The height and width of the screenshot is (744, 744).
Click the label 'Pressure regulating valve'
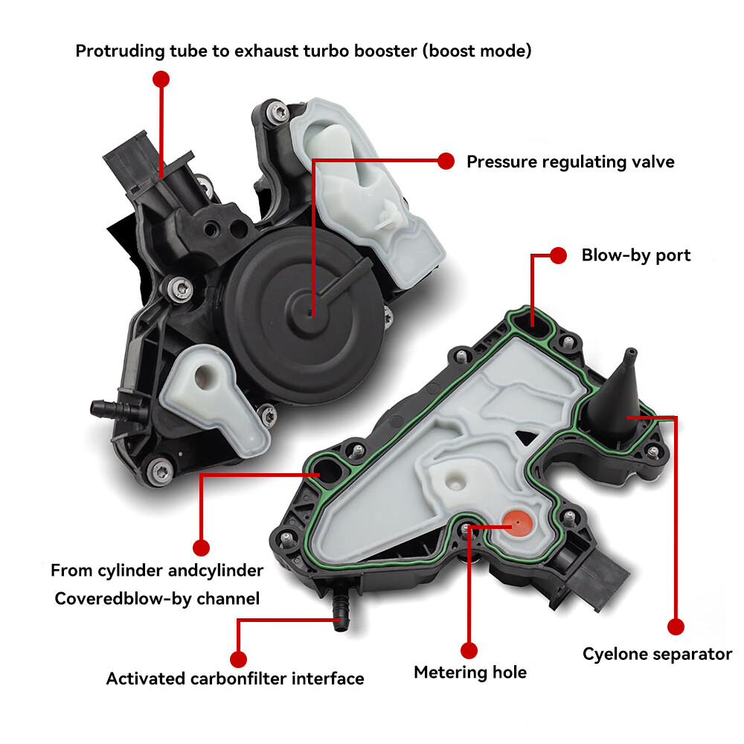[570, 161]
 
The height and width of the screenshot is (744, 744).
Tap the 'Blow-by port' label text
[635, 255]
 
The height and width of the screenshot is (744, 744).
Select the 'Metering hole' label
[470, 673]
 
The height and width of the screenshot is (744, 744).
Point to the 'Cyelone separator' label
[657, 654]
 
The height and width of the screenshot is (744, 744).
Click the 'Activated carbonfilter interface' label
[235, 679]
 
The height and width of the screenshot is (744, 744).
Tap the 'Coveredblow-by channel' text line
[157, 598]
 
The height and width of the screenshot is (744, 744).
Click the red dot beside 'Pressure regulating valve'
[446, 161]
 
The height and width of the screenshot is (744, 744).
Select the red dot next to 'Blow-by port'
[559, 255]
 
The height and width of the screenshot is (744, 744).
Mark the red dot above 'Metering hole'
[468, 649]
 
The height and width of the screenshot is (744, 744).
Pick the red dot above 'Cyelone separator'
[675, 627]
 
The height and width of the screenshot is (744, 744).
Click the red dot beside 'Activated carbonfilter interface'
[238, 658]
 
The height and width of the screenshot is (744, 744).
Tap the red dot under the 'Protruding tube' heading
[161, 78]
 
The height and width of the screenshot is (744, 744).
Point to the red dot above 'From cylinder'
[200, 548]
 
